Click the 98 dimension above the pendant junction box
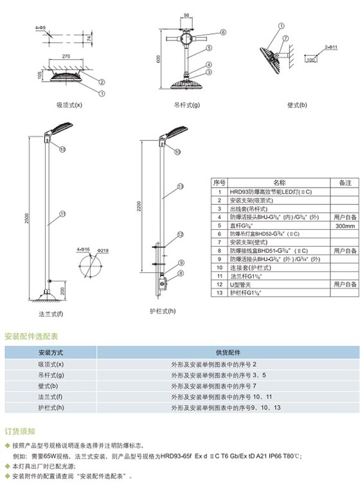pyautogui.click(x=187, y=14)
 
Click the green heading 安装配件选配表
pyautogui.click(x=32, y=335)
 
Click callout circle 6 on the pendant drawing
pyautogui.click(x=224, y=31)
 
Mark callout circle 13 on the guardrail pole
pyautogui.click(x=181, y=186)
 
